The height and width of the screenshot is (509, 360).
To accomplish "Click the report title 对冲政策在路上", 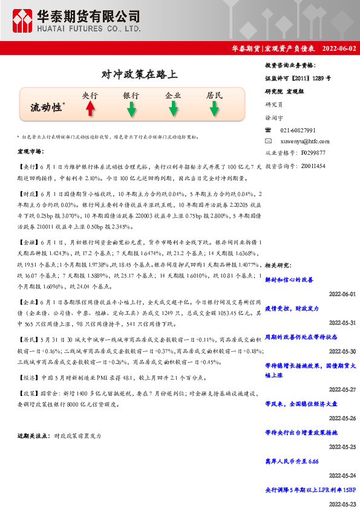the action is pyautogui.click(x=139, y=75).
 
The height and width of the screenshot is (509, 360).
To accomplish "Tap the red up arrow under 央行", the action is pyautogui.click(x=90, y=108).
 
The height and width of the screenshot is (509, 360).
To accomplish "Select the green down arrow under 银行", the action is pyautogui.click(x=131, y=109).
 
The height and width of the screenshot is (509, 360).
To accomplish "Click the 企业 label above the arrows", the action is pyautogui.click(x=173, y=96).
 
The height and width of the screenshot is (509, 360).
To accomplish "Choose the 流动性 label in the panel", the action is pyautogui.click(x=47, y=107).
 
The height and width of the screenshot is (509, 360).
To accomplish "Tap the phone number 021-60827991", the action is pyautogui.click(x=298, y=130).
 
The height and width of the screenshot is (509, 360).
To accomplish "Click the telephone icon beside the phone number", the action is pyautogui.click(x=269, y=130).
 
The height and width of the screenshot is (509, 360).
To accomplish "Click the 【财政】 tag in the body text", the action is pyautogui.click(x=27, y=195).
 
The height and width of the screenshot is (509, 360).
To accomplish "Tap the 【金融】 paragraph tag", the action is pyautogui.click(x=27, y=241).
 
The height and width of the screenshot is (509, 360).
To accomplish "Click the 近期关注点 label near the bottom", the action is pyautogui.click(x=34, y=435).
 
